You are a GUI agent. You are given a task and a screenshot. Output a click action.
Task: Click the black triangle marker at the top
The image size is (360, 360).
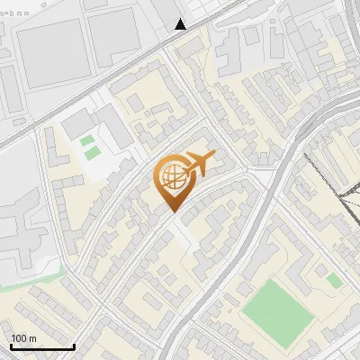pyautogui.click(x=181, y=24)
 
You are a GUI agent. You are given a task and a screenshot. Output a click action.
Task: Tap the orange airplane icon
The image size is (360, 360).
pyautogui.click(x=198, y=164)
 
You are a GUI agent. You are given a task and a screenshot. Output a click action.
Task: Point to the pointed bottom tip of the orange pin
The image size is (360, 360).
pyautogui.click(x=172, y=211)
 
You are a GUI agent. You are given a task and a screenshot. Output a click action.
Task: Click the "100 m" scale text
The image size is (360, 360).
pyautogui.click(x=24, y=338)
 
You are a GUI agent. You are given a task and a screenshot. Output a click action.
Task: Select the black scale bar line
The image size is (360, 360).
pyautogui.click(x=42, y=346)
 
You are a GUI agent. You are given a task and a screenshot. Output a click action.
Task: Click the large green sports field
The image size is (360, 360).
pyautogui.click(x=278, y=310)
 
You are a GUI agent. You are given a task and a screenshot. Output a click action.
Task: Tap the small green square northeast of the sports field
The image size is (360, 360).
pyautogui.click(x=334, y=281)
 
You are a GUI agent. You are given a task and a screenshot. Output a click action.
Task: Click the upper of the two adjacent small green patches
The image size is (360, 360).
pyautogui.click(x=86, y=140)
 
